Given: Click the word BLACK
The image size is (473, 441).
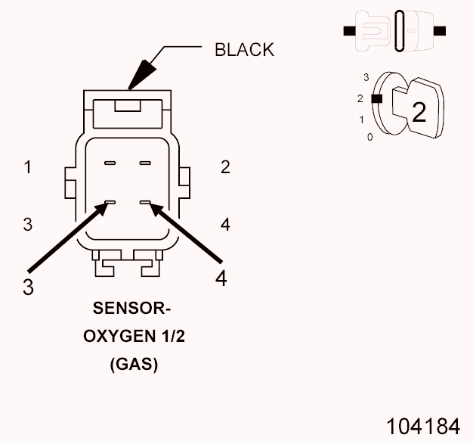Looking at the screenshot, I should [244, 50].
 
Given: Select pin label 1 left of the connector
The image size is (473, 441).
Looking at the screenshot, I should [27, 168].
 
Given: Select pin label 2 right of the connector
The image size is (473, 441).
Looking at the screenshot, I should [225, 168].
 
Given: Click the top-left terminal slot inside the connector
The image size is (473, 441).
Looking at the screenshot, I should [110, 163].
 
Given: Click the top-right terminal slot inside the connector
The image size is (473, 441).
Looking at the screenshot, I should [145, 163].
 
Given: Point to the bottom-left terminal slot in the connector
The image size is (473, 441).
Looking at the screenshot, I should [110, 203].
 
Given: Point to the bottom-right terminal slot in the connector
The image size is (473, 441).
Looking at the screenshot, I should [145, 203].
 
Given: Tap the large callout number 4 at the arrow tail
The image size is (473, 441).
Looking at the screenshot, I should [221, 278].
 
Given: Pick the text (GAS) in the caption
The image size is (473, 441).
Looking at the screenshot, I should [134, 365].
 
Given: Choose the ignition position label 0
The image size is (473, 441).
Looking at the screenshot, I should [369, 137].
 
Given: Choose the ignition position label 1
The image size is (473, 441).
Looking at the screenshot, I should [362, 120].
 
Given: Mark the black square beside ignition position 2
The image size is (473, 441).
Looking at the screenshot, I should [377, 98].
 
